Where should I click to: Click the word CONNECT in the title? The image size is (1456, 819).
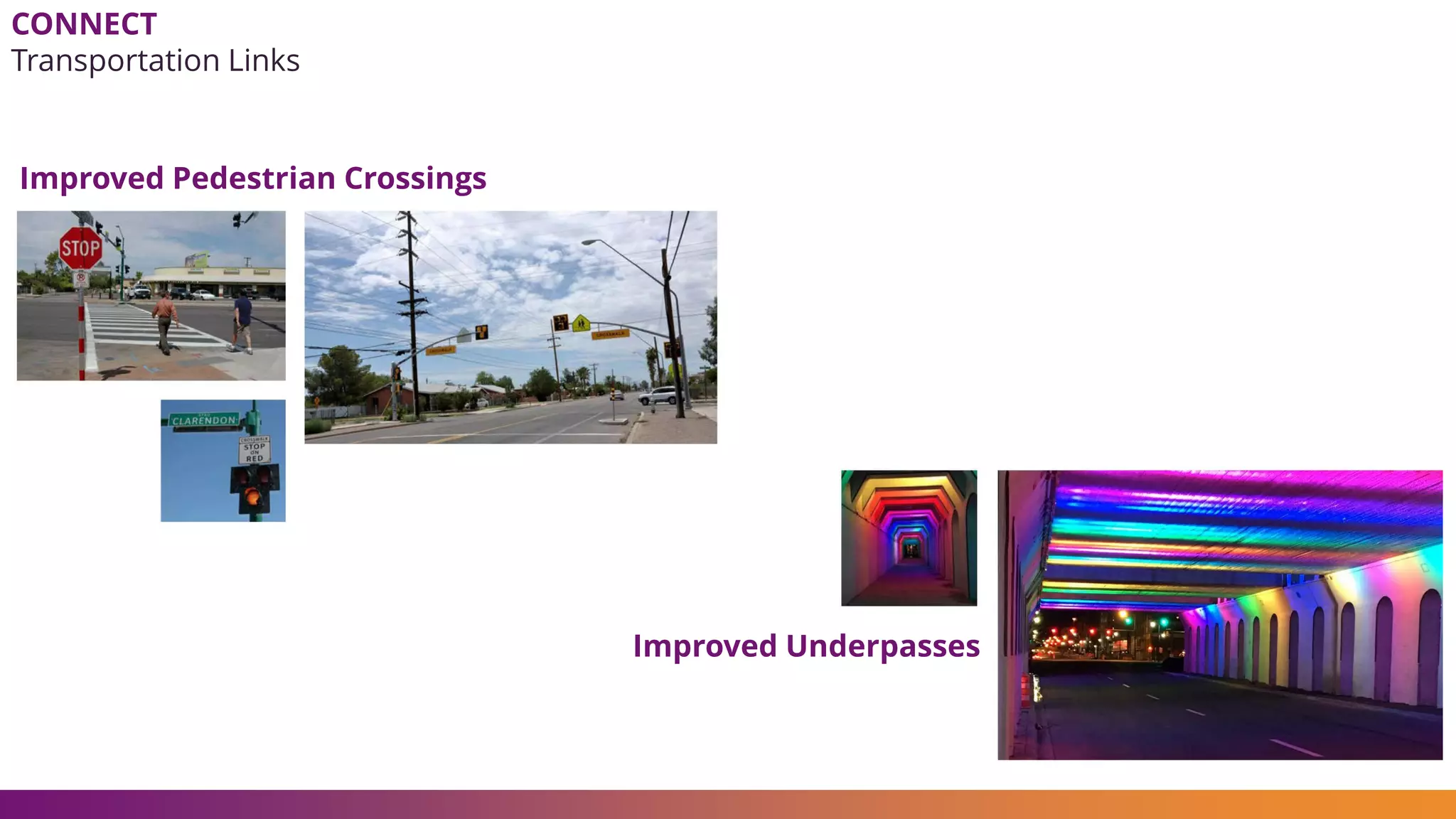click(84, 25)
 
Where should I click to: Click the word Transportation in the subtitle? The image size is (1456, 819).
click(115, 61)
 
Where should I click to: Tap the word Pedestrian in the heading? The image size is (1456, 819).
click(253, 178)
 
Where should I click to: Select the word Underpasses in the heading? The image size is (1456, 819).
click(882, 646)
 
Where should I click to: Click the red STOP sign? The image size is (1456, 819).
click(80, 248)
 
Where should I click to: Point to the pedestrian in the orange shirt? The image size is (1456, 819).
click(165, 321)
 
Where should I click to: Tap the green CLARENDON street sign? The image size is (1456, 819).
click(204, 420)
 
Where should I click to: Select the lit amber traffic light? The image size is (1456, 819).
click(252, 496)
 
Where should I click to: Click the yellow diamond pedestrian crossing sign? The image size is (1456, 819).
click(582, 323)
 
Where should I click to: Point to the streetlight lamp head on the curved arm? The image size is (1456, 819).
click(589, 242)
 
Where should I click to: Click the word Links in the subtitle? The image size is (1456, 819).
click(264, 61)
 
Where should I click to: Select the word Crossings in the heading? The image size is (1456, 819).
click(415, 178)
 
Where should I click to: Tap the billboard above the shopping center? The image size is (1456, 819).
click(197, 260)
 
